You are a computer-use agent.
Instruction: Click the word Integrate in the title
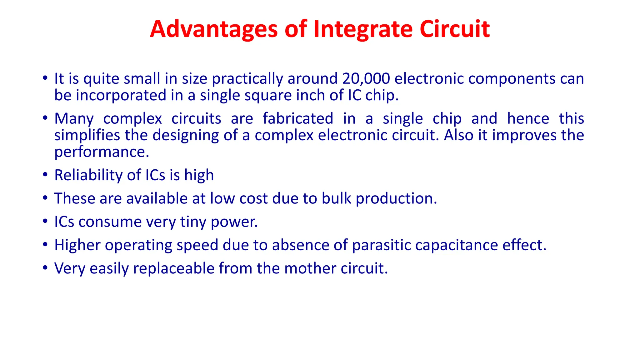coord(363,29)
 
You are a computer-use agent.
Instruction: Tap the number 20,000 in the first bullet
coord(366,78)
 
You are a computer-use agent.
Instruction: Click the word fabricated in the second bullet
coord(298,119)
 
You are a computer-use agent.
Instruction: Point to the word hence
coord(528,119)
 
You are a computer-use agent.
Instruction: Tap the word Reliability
coord(88,175)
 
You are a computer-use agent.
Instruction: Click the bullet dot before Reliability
coord(45,175)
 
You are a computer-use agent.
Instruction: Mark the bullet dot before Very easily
coord(45,268)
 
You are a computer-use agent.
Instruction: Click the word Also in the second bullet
coord(458,135)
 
